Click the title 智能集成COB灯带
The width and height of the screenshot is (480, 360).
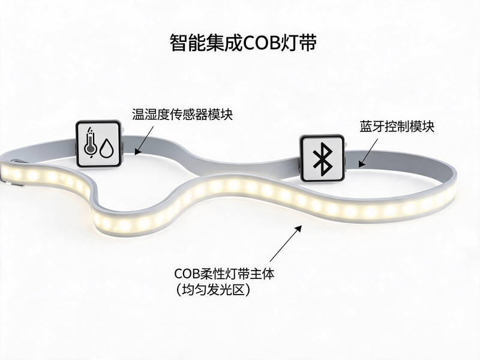point(244,43)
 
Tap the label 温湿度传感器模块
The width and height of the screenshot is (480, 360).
point(182,115)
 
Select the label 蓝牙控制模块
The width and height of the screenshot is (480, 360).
point(397,127)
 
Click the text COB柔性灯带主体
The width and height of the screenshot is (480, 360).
point(224,274)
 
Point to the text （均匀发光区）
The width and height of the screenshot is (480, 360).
point(213,290)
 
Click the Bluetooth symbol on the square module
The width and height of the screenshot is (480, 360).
point(322,158)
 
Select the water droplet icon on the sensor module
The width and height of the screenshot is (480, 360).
point(107,148)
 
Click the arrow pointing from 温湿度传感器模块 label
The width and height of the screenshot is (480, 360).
point(144,140)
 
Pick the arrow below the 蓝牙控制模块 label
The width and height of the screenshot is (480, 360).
point(368,153)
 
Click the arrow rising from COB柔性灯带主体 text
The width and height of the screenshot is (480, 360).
point(286,244)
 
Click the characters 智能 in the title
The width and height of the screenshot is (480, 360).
point(188,43)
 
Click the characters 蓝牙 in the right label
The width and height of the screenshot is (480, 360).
point(372,127)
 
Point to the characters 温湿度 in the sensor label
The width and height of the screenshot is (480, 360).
point(151,115)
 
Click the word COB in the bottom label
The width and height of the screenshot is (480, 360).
point(187,274)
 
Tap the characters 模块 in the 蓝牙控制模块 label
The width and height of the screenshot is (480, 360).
point(422,127)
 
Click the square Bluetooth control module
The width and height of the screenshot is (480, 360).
point(322,158)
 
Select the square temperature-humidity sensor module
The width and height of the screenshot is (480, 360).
point(98,144)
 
